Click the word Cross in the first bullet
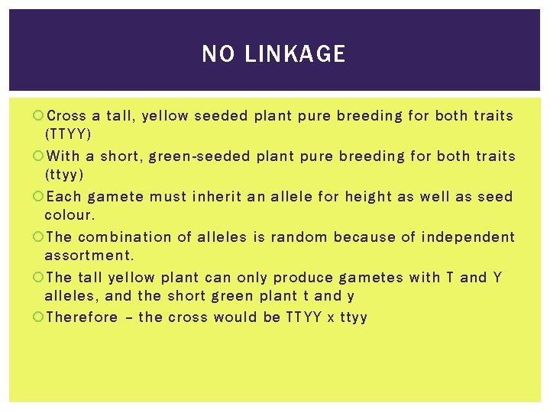pyautogui.click(x=66, y=116)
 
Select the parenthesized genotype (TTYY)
pyautogui.click(x=68, y=134)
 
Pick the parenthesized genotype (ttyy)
pyautogui.click(x=64, y=174)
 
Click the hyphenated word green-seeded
pyautogui.click(x=199, y=156)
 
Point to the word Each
pyautogui.click(x=64, y=197)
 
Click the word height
pyautogui.click(x=370, y=197)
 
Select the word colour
pyautogui.click(x=70, y=215)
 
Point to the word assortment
pyautogui.click(x=89, y=255)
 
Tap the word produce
pyautogui.click(x=304, y=277)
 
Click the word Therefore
pyautogui.click(x=82, y=317)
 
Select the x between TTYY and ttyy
pyautogui.click(x=329, y=317)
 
